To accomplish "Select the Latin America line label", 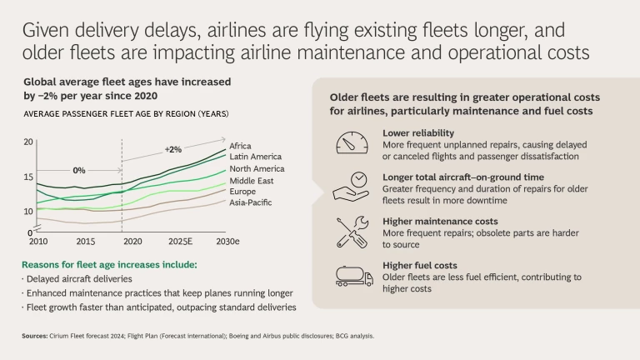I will pos(255,156).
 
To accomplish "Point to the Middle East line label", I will pos(251,180).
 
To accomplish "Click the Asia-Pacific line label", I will pos(250,202).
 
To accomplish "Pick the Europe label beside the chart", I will pos(242,191).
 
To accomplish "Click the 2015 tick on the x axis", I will pos(86,241).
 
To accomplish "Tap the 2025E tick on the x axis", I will pos(180,241).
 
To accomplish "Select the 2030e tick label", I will pos(223,241).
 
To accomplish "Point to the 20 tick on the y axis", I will pos(28,142).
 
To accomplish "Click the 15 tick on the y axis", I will pos(28,177).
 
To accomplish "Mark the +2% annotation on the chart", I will pos(172,149).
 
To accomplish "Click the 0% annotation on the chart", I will pos(79,170).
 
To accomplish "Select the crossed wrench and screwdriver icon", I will pos(352,232).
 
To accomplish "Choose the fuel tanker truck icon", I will pos(353,276).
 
